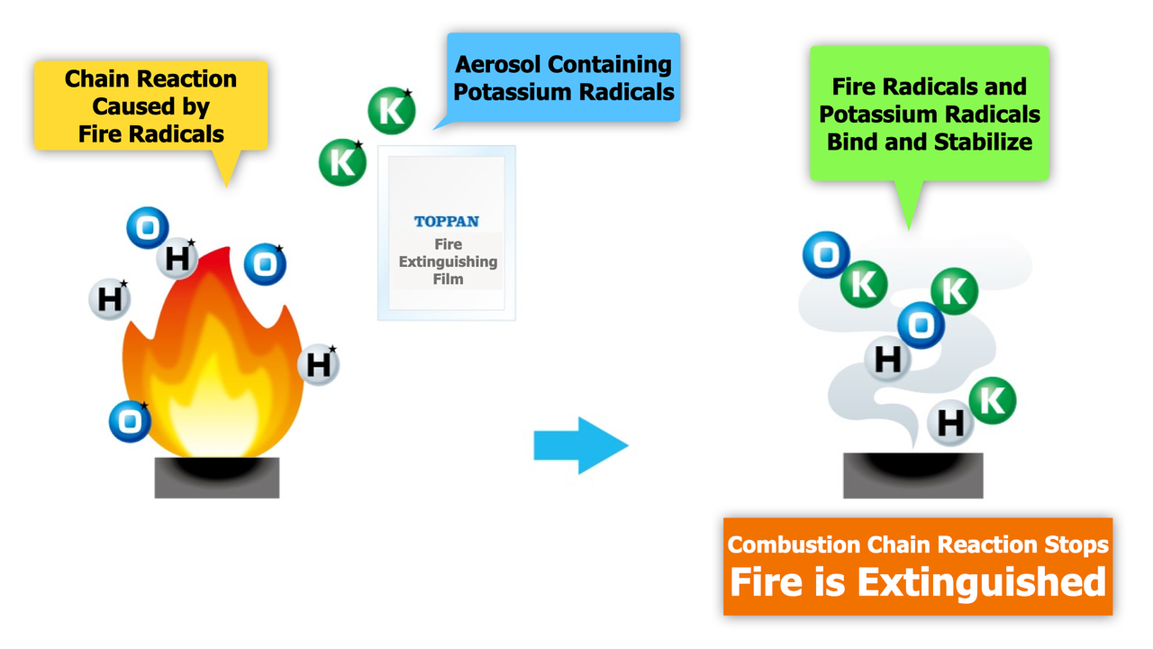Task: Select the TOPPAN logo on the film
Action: [x=447, y=222]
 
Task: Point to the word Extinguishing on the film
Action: [x=448, y=261]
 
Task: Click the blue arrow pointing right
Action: [x=581, y=445]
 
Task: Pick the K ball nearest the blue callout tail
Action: [x=392, y=110]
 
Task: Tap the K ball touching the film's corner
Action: [x=342, y=162]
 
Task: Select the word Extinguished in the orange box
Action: [x=982, y=582]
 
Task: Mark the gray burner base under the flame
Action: [x=217, y=478]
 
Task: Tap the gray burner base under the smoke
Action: [x=913, y=475]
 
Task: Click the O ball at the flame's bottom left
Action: [x=131, y=421]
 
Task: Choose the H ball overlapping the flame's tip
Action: [x=177, y=258]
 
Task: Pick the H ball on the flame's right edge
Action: [x=319, y=365]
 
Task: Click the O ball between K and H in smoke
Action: [x=921, y=325]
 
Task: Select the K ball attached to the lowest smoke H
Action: [x=993, y=401]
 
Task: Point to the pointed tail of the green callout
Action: [x=909, y=230]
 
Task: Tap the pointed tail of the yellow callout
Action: [x=226, y=187]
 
